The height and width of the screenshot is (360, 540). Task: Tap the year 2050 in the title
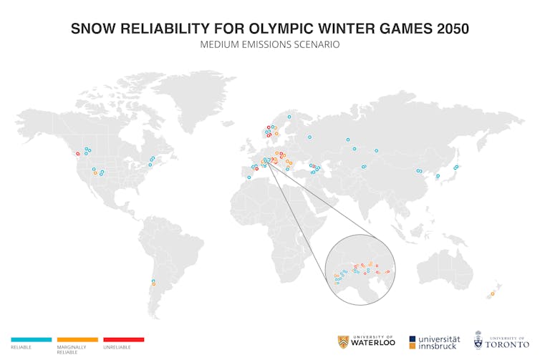pyautogui.click(x=446, y=29)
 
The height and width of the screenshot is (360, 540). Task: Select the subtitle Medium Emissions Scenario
pyautogui.click(x=270, y=44)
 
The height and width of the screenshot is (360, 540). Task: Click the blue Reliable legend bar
pyautogui.click(x=31, y=339)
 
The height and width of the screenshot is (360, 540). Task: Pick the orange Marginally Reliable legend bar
pyautogui.click(x=77, y=339)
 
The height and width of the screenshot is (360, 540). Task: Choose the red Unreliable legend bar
pyautogui.click(x=123, y=339)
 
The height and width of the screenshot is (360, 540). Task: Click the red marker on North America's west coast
pyautogui.click(x=78, y=154)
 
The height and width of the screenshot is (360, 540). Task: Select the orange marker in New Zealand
pyautogui.click(x=493, y=293)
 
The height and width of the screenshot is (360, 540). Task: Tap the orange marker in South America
pyautogui.click(x=153, y=284)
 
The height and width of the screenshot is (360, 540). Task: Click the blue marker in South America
pyautogui.click(x=153, y=281)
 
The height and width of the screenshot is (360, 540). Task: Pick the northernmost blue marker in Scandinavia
pyautogui.click(x=289, y=117)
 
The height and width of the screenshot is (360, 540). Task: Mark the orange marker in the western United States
pyautogui.click(x=95, y=173)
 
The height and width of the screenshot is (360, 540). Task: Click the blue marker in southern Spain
pyautogui.click(x=249, y=177)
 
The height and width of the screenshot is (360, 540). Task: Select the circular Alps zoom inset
pyautogui.click(x=360, y=269)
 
